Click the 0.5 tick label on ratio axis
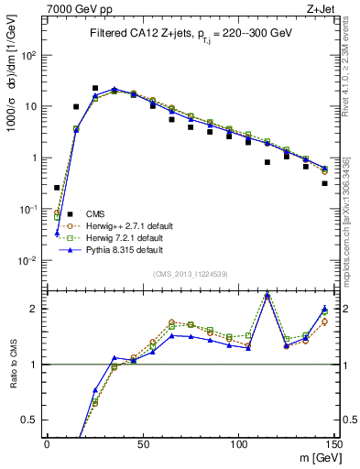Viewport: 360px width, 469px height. [27, 420]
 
